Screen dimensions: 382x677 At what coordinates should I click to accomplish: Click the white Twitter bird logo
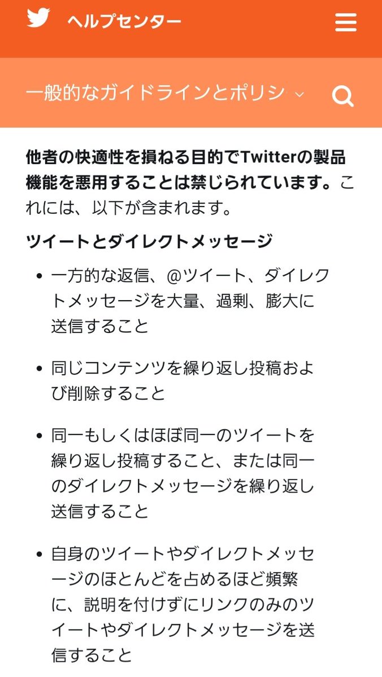click(x=38, y=18)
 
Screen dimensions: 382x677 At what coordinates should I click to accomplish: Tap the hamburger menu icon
click(x=345, y=23)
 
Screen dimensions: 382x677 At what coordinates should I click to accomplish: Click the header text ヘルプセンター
click(x=124, y=22)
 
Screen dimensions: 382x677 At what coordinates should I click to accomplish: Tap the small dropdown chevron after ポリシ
click(x=300, y=94)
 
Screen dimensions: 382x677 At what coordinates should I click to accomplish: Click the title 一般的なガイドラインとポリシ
click(x=155, y=93)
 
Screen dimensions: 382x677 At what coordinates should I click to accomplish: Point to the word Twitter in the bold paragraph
click(x=267, y=157)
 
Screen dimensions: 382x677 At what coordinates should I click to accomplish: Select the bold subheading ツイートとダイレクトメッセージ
click(x=149, y=242)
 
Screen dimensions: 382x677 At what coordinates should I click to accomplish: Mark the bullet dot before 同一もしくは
click(x=39, y=436)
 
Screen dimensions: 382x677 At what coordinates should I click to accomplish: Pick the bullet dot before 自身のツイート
click(x=39, y=554)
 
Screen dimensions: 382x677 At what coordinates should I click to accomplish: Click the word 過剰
click(x=232, y=301)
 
